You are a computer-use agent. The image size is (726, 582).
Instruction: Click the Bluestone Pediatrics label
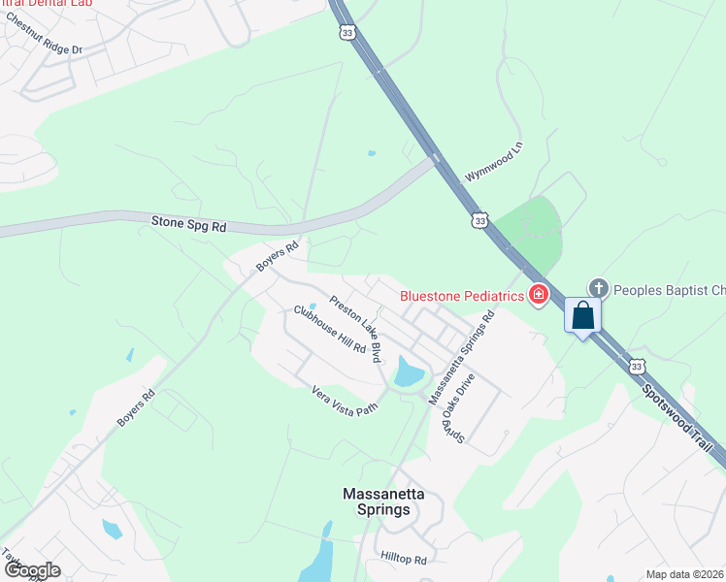pos(462,295)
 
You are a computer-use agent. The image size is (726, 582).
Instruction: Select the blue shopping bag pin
pos(582,317)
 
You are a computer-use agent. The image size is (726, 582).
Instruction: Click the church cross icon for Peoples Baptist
pos(599,288)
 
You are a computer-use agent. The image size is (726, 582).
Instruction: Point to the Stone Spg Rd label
pos(188,224)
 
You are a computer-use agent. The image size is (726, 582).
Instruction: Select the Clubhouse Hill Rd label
pos(329,330)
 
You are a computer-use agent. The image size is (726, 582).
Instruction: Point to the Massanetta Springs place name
pos(383,501)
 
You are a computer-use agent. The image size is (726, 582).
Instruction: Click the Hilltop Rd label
pos(404,560)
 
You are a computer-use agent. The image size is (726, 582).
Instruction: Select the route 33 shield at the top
pos(347,32)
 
